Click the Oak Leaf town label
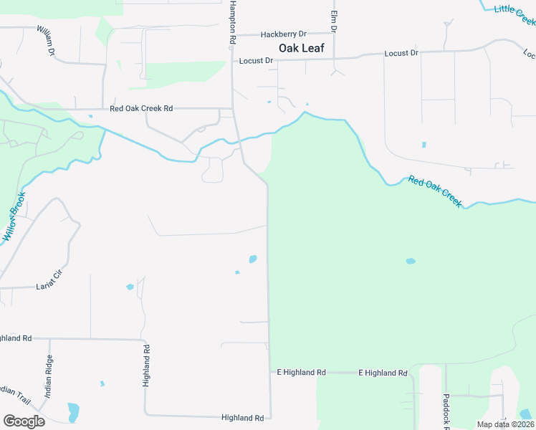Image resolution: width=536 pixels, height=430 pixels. click(x=302, y=49)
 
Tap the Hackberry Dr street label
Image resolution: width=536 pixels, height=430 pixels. click(x=283, y=34)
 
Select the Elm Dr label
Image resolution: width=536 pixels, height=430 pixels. click(x=333, y=21)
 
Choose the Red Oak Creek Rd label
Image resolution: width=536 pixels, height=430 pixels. click(x=141, y=109)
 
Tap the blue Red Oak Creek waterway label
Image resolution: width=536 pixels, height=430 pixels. click(x=435, y=191)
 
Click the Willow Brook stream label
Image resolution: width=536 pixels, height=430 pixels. click(x=14, y=216)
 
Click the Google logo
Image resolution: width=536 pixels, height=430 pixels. click(x=24, y=421)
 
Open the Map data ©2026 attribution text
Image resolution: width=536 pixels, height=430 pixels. click(x=506, y=424)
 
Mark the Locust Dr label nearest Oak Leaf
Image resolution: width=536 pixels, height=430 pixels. click(x=257, y=61)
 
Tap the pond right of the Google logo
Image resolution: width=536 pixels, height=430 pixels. click(x=73, y=412)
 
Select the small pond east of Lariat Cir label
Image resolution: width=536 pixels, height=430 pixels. click(x=130, y=287)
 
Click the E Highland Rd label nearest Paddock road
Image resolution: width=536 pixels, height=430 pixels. click(x=383, y=373)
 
